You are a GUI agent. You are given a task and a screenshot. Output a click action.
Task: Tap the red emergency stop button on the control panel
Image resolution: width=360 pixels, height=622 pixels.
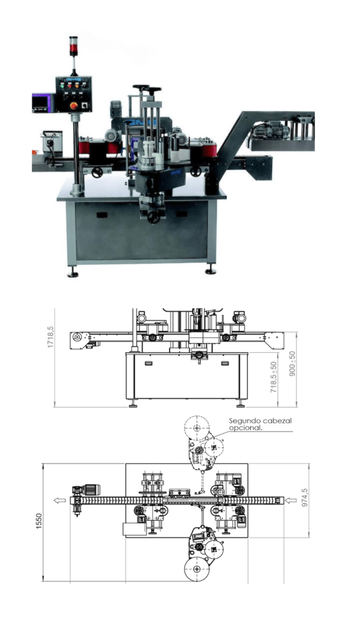(x=73, y=105)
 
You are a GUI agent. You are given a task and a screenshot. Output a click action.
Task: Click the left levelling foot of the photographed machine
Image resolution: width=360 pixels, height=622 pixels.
(x=73, y=274)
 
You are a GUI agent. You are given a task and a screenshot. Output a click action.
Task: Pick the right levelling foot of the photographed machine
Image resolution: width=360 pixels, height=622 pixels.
(x=211, y=272)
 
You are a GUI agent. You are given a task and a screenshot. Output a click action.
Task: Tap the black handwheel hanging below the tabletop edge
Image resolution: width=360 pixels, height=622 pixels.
(x=154, y=217)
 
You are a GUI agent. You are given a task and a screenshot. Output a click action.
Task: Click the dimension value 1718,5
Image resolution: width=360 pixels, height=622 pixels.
(x=50, y=336)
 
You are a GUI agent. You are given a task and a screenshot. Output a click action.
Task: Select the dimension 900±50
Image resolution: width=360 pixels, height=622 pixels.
(x=293, y=363)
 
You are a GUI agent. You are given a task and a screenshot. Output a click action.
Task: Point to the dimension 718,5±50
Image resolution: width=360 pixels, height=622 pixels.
(x=274, y=377)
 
